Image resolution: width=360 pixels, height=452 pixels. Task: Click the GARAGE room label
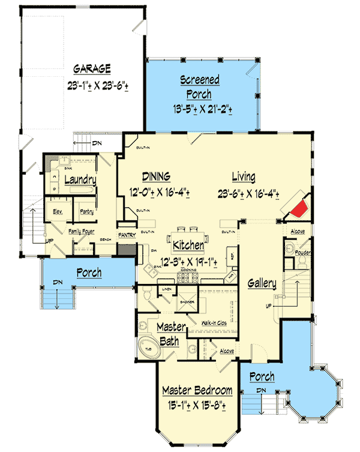92,68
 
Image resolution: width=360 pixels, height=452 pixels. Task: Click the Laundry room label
80,179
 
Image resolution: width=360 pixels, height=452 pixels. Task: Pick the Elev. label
58,211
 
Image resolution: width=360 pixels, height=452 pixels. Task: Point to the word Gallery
261,283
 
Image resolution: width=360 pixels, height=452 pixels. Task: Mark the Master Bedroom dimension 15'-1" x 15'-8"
197,406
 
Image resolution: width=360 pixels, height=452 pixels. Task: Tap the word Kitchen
188,246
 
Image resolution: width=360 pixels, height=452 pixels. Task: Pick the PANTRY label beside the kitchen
126,235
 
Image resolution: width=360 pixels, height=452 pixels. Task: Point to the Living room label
243,177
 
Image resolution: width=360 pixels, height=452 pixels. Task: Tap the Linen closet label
167,291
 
